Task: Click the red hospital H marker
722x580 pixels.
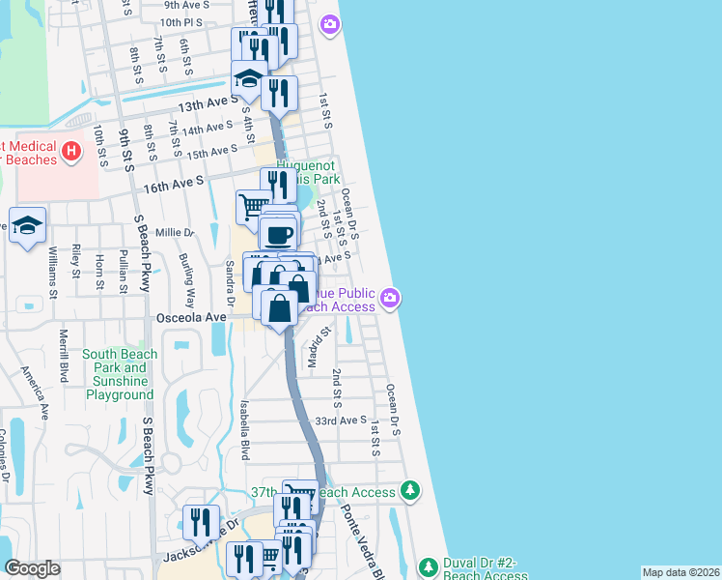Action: pyautogui.click(x=70, y=152)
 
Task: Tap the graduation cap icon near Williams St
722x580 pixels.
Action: pyautogui.click(x=28, y=225)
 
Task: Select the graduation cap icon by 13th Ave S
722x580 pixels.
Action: pyautogui.click(x=249, y=79)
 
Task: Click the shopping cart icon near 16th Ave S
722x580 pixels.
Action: pyautogui.click(x=253, y=206)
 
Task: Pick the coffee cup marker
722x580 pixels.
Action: pyautogui.click(x=279, y=234)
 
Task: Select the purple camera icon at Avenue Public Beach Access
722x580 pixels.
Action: pyautogui.click(x=390, y=298)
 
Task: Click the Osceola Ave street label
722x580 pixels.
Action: pyautogui.click(x=190, y=317)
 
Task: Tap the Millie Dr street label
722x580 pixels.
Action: pyautogui.click(x=175, y=233)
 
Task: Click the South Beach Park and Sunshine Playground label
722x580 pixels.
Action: pyautogui.click(x=120, y=374)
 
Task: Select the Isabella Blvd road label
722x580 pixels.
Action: pyautogui.click(x=244, y=430)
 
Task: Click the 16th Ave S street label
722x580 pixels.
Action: pyautogui.click(x=175, y=181)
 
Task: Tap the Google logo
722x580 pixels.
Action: pyautogui.click(x=33, y=568)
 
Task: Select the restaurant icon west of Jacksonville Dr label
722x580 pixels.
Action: pyautogui.click(x=201, y=523)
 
